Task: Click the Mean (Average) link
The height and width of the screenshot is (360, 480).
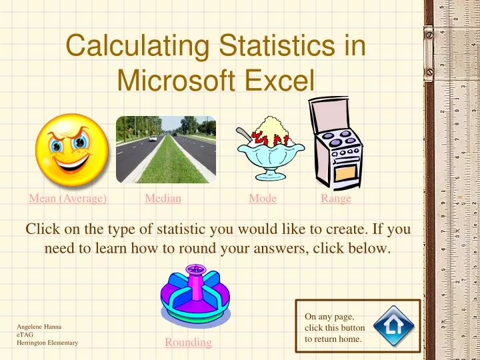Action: [x=68, y=198]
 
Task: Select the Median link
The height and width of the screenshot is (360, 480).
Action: [x=163, y=198]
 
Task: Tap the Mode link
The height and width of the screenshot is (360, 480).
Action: [x=263, y=198]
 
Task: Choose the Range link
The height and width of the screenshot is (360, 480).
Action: [x=336, y=198]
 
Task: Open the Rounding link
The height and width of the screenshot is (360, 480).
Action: [x=188, y=342]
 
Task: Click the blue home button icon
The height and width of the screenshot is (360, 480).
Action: [x=393, y=325]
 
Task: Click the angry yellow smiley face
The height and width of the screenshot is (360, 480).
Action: [x=71, y=149]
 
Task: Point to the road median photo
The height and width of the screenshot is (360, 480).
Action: [x=165, y=149]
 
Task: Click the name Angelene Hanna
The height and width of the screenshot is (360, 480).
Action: [x=39, y=327]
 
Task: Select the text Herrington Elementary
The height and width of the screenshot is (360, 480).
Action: [x=47, y=343]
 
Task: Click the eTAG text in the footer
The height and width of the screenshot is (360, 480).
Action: [x=24, y=335]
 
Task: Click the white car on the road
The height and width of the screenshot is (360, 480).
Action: [x=153, y=138]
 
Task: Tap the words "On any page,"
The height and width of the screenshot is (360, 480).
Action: [x=329, y=317]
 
